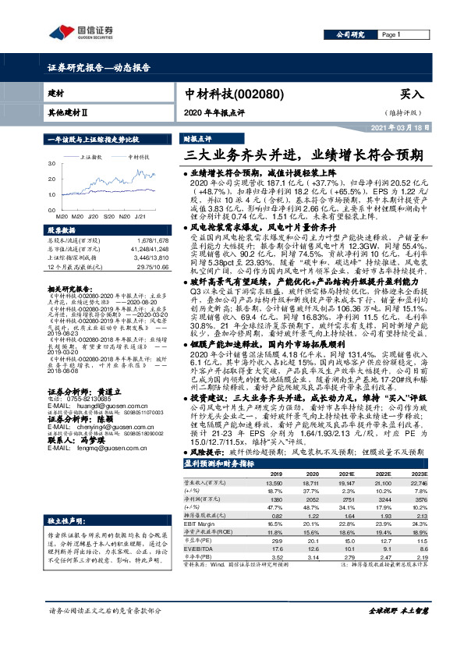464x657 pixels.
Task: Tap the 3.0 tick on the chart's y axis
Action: click(x=52, y=165)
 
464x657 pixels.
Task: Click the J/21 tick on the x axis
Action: click(x=141, y=216)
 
